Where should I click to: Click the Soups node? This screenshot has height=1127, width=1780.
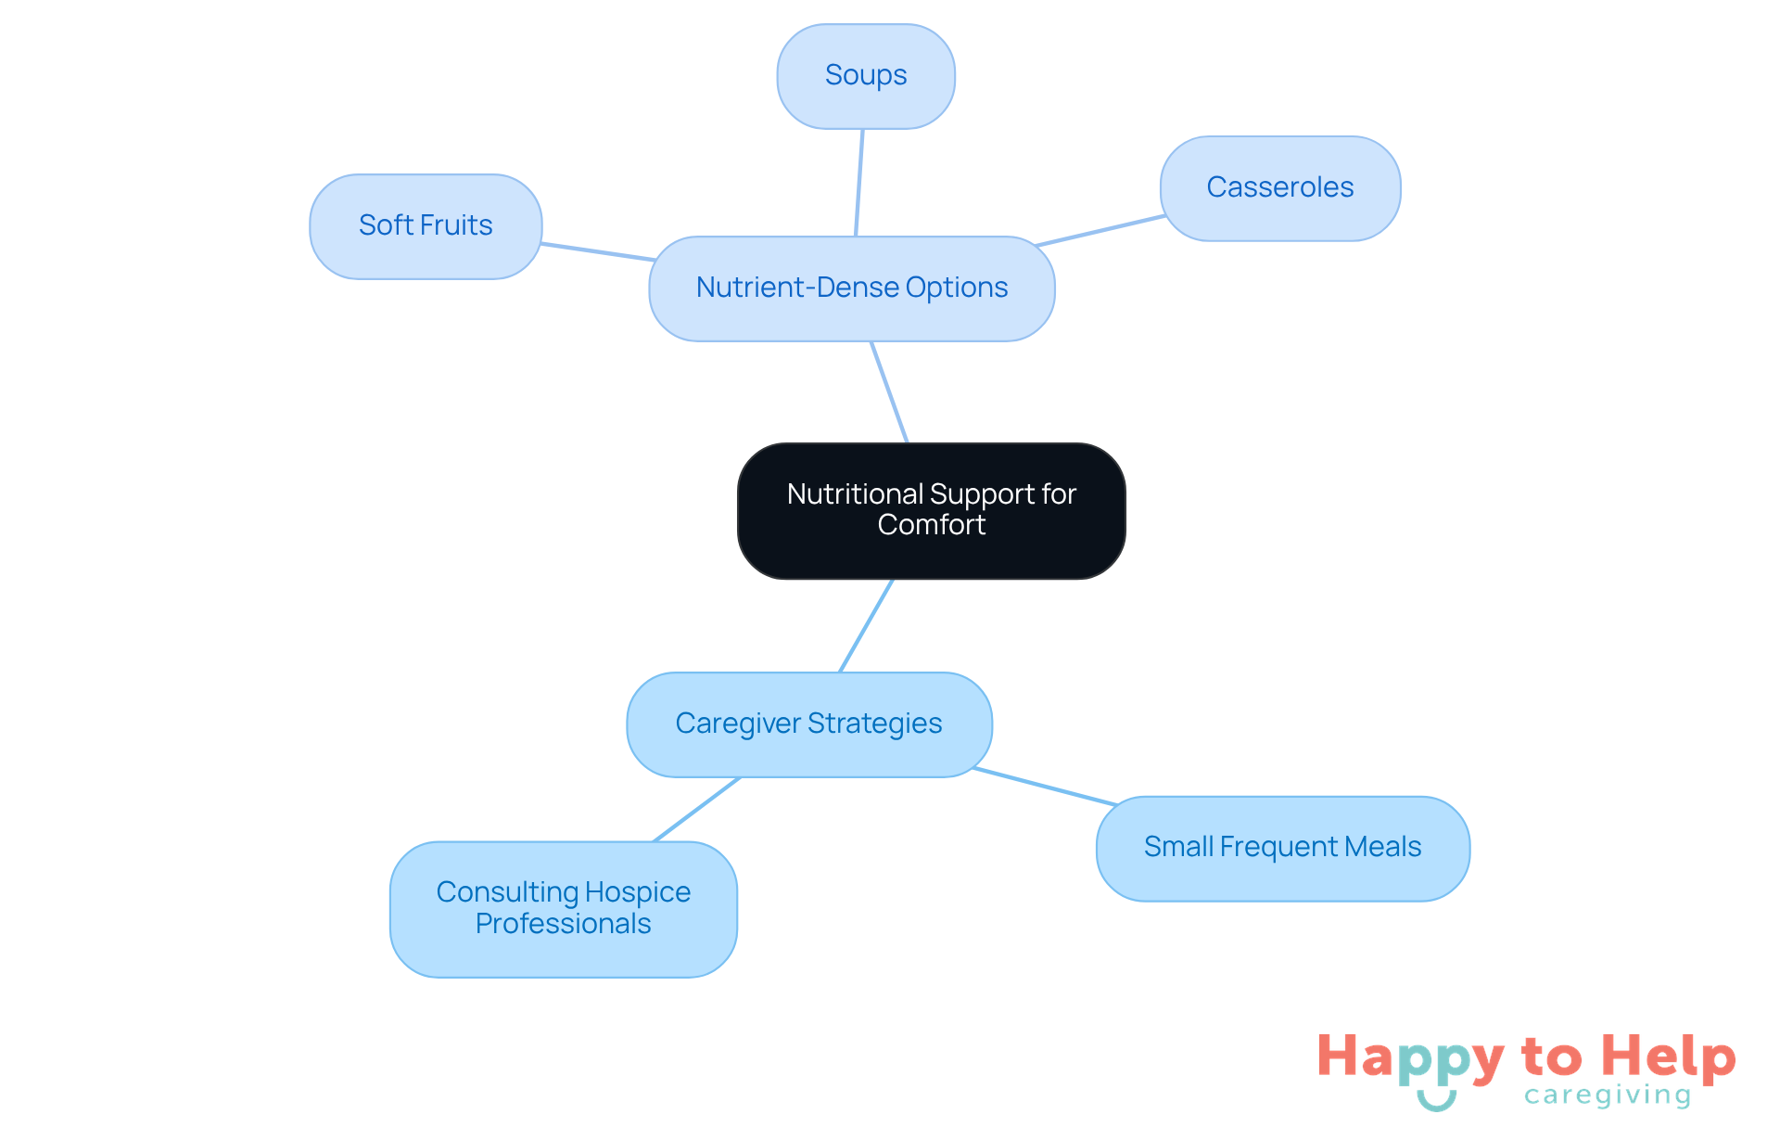[x=866, y=76]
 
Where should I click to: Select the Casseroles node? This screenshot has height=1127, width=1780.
[x=1279, y=188]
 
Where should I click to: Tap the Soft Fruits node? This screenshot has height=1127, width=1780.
[x=426, y=226]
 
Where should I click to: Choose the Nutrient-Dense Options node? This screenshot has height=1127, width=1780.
[x=851, y=288]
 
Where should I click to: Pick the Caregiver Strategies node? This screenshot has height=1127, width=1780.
[x=808, y=724]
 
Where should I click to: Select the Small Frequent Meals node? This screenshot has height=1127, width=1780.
[x=1282, y=848]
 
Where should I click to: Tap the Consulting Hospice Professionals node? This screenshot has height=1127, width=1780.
[x=563, y=908]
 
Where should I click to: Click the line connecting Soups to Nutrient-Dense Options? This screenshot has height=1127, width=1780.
[x=859, y=183]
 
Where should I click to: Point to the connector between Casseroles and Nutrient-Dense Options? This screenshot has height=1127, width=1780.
[x=1100, y=231]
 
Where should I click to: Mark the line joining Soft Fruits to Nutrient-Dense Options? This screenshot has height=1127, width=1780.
[x=598, y=252]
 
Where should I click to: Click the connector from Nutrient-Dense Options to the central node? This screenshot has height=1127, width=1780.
[x=889, y=392]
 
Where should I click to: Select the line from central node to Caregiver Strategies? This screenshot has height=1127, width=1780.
[x=866, y=626]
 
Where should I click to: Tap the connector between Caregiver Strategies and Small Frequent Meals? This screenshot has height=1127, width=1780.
[x=1045, y=787]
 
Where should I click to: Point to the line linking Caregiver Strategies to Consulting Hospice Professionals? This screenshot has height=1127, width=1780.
[x=696, y=810]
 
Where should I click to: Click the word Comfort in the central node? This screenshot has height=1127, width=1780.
[x=931, y=525]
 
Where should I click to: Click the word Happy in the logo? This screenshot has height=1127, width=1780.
[x=1410, y=1058]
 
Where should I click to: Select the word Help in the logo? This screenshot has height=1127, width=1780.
[x=1668, y=1057]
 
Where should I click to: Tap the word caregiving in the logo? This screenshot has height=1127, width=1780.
[x=1608, y=1095]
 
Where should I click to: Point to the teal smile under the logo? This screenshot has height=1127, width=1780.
[x=1436, y=1101]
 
